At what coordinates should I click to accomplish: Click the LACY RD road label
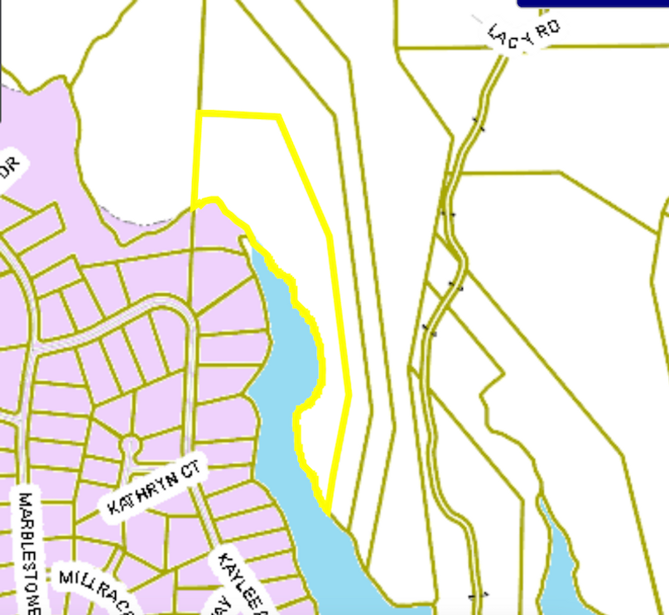point(523,35)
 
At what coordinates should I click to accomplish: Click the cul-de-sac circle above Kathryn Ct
point(129,445)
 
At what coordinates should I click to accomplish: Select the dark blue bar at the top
point(593,3)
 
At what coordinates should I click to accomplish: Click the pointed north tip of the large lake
point(246,241)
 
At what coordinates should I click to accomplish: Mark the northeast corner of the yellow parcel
point(278,117)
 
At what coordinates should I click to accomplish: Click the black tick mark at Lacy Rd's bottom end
point(478,594)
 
